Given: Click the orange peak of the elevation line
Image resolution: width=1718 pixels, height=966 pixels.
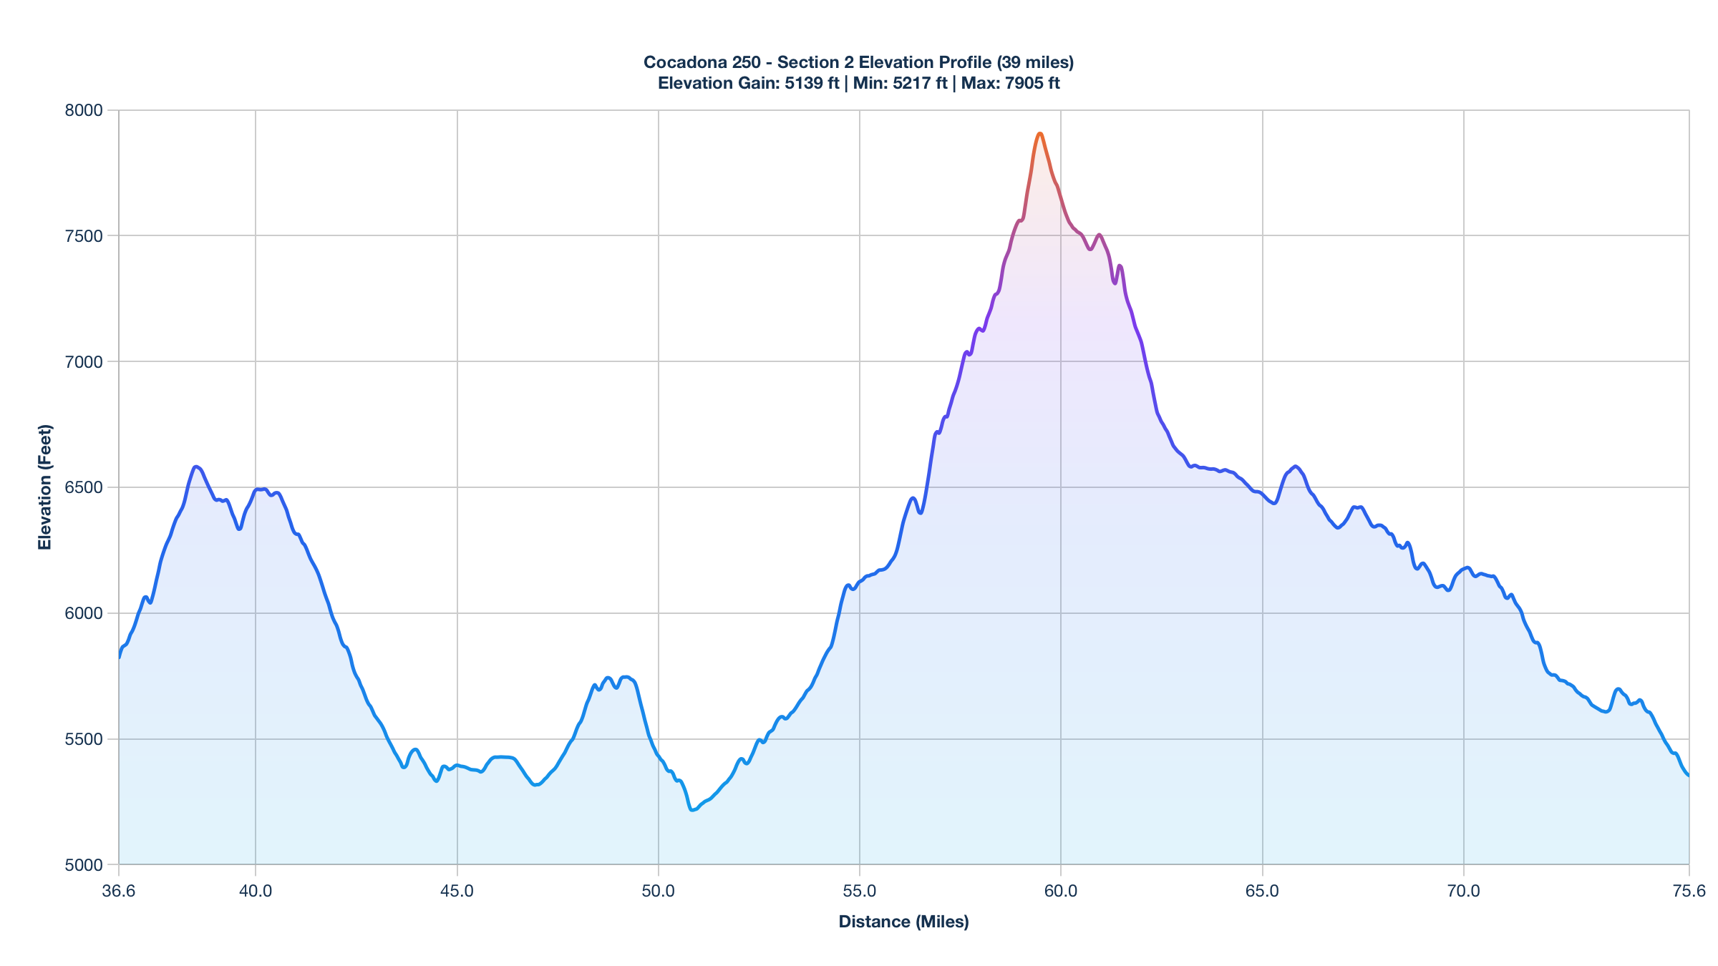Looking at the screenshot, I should pos(1039,134).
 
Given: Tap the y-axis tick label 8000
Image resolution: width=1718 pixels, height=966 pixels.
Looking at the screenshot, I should pos(84,110).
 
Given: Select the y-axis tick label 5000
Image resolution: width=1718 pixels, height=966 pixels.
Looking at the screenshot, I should pos(84,865).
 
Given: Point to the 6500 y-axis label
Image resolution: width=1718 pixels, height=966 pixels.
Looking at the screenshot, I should pos(84,488).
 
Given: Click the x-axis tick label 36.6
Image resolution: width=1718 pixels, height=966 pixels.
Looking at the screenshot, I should pos(119,891).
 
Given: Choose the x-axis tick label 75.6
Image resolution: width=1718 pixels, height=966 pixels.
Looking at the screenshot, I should pos(1689,891).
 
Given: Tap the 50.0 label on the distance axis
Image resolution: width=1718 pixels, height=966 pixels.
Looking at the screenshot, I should pos(658,891).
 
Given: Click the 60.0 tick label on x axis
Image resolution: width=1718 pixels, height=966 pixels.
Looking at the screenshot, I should pos(1061,891).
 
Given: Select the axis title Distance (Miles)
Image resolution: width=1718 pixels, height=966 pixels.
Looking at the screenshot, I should pos(903,922).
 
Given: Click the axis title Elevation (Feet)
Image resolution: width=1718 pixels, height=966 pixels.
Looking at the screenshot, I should pos(45,487).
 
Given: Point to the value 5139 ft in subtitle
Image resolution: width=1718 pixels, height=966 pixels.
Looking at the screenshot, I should pos(812,83).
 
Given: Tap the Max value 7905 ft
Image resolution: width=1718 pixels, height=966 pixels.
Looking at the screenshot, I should pos(1032,83).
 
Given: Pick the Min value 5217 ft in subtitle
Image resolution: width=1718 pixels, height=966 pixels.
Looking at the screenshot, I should pos(920,83).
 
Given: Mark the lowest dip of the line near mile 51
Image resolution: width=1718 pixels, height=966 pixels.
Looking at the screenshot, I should pos(691,810).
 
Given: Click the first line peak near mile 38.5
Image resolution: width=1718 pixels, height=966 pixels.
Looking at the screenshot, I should pos(195,467).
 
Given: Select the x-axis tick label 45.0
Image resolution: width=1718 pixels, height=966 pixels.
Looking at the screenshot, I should pos(457,891).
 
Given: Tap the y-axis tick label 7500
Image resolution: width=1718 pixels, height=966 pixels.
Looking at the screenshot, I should pos(84,236).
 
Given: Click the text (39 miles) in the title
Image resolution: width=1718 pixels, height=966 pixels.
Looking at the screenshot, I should pos(1035,62).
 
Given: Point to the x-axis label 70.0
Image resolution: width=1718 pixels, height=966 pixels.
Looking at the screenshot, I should pos(1463,891).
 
